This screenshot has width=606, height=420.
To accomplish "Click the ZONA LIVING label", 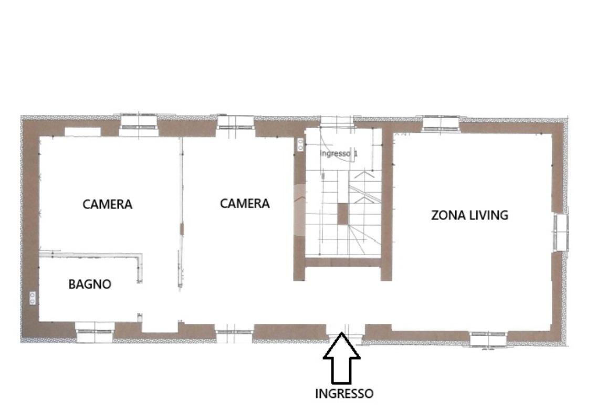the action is point(469,215).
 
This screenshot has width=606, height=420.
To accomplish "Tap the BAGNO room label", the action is point(90,285).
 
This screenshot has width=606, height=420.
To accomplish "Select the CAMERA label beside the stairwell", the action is point(245,204).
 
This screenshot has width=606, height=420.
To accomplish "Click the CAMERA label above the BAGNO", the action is point(108,204).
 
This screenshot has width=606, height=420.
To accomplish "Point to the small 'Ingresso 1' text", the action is point(339,153).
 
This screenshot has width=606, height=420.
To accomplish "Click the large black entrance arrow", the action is point(342,358).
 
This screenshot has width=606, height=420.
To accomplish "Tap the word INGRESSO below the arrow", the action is point(344,394).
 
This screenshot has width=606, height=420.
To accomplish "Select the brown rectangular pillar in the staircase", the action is point(343,214).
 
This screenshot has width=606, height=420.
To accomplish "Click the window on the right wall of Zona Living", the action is point(561,232).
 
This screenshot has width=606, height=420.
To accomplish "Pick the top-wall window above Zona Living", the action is point(440,123).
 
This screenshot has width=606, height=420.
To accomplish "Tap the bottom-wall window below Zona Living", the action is point(488,339).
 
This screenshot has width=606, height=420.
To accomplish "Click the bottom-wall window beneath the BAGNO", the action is point(95,332).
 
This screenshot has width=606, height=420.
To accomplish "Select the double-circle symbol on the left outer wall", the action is point(33,298).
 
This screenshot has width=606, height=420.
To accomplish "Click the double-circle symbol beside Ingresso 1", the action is point(301,145).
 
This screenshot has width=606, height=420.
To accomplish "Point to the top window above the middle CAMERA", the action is point(235,122).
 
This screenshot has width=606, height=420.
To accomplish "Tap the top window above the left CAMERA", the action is point(139,124).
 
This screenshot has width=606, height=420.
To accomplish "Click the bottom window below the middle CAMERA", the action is point(234,335).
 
